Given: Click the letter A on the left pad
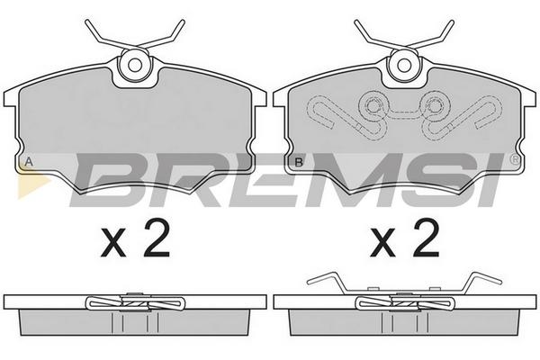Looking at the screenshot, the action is click(x=30, y=162).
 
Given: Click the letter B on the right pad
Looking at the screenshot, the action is click(x=299, y=162).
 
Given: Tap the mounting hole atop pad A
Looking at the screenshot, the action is click(x=135, y=65).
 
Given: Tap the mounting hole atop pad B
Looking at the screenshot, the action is click(x=404, y=65).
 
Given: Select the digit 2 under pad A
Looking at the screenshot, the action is click(x=157, y=238).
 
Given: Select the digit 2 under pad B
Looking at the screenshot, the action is click(x=427, y=238).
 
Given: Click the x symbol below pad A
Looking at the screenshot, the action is click(x=113, y=244).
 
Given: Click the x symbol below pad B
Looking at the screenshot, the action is click(x=382, y=244).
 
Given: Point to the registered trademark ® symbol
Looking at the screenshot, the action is click(x=515, y=158).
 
